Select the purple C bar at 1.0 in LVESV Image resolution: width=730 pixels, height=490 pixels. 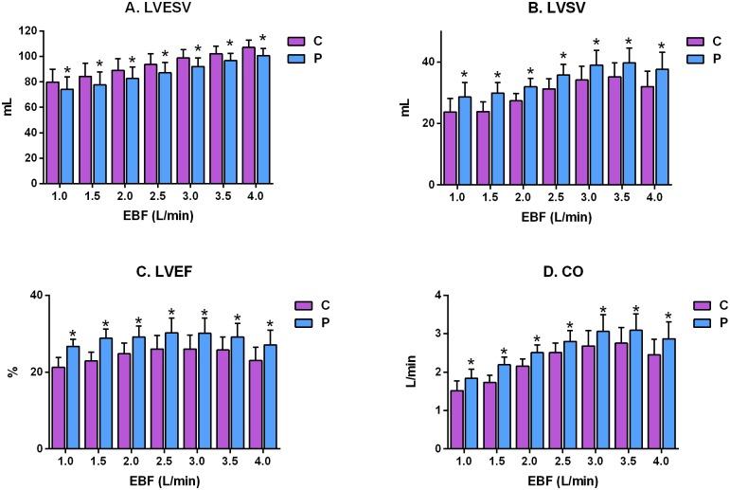click(x=53, y=134)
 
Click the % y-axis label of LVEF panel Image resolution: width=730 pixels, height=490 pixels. click(x=11, y=372)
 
